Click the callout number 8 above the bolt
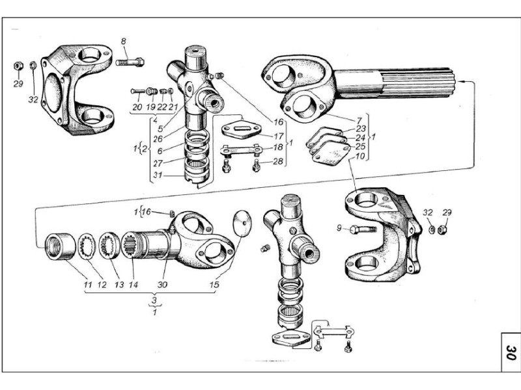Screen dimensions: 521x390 click(124, 42)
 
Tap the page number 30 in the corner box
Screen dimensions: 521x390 click(511, 353)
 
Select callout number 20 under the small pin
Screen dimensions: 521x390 click(137, 107)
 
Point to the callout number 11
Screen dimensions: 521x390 click(88, 285)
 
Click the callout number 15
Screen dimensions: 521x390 click(214, 285)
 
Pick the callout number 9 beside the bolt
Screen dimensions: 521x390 click(339, 228)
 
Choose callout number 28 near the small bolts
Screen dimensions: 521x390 click(278, 161)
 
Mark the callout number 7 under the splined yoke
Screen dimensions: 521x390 click(359, 120)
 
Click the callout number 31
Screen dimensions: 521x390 click(158, 175)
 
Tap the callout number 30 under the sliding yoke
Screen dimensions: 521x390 click(162, 285)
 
